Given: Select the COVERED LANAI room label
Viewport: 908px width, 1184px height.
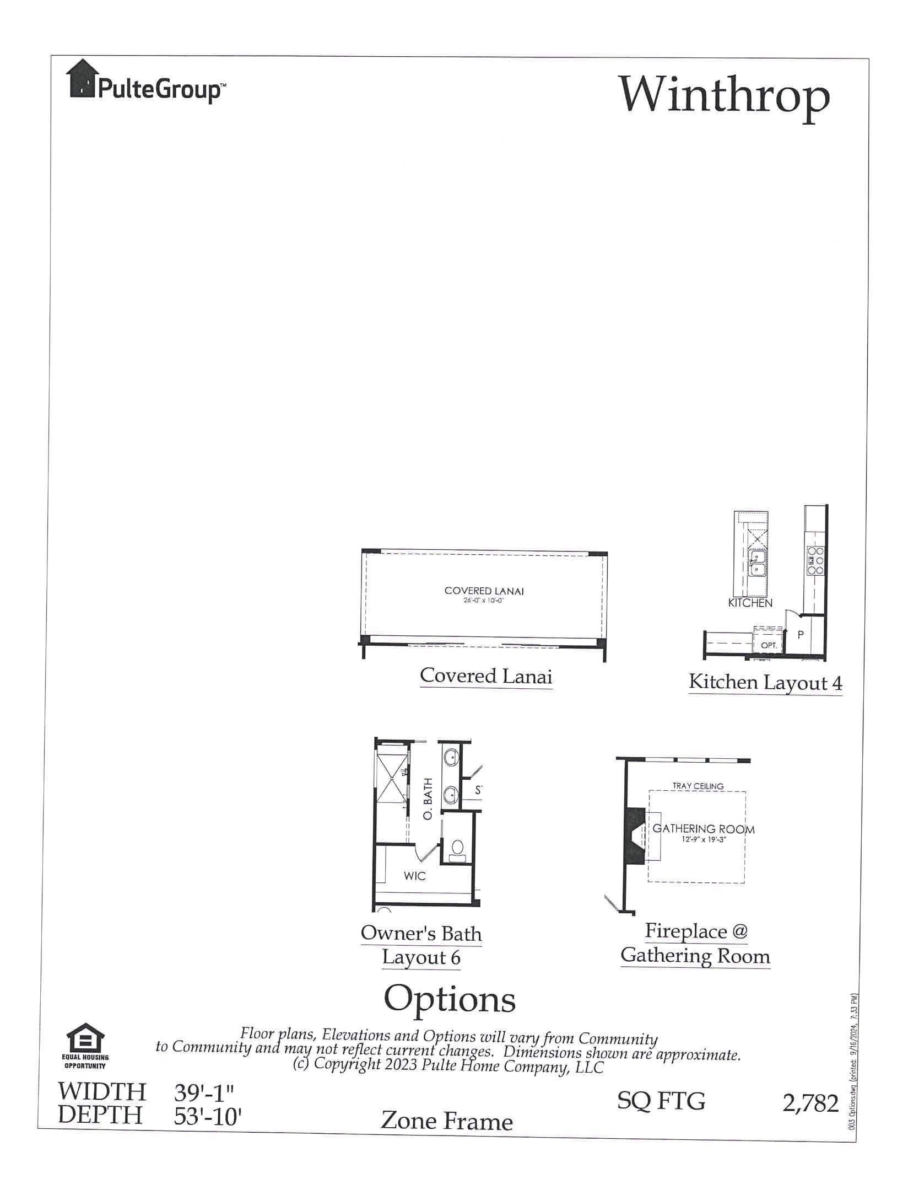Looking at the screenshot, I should click(x=484, y=591).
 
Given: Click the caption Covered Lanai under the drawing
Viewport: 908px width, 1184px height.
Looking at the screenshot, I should click(x=485, y=676).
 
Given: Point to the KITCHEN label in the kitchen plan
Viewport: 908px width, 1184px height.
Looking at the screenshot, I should click(x=750, y=603).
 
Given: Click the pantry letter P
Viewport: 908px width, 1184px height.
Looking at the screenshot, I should click(x=801, y=635).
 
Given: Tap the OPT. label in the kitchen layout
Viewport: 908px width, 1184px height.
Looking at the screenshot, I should click(x=769, y=645).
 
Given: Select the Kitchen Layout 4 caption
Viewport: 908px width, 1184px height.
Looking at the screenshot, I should click(x=765, y=683).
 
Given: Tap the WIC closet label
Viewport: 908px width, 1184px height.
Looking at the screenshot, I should click(x=414, y=876).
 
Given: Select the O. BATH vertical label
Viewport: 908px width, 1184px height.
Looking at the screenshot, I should click(x=429, y=799).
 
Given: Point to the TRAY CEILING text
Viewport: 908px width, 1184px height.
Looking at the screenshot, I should click(x=698, y=786).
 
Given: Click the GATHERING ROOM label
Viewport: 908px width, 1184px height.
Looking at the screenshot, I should click(x=703, y=829).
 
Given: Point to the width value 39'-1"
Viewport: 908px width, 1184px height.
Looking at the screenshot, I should click(x=204, y=1092).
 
